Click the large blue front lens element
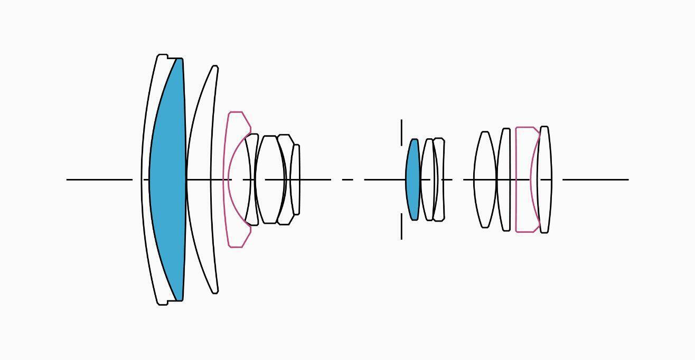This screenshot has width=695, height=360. point(168,179)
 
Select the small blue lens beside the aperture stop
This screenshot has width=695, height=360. point(412,179)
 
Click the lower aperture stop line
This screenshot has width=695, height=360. point(401,230)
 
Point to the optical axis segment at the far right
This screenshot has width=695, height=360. point(595,179)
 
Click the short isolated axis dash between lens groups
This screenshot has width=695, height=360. point(347,179)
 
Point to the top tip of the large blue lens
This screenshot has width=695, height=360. point(180,60)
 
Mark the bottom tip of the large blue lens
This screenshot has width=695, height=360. point(180,299)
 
